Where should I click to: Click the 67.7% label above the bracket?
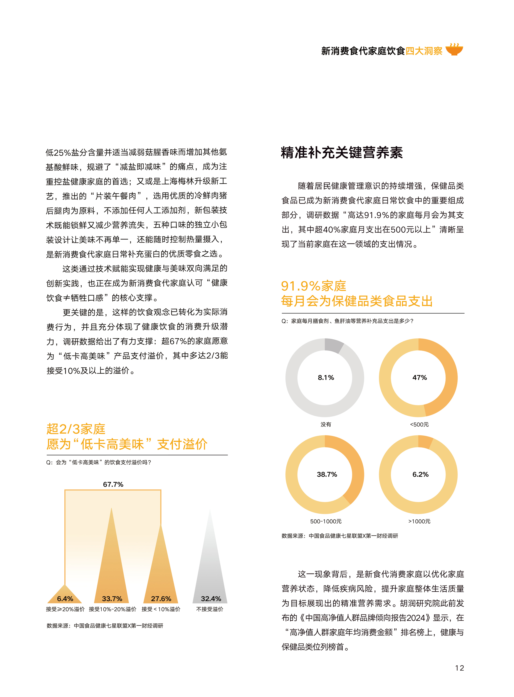click(113, 484)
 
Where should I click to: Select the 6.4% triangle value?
click(65, 599)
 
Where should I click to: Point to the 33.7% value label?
click(112, 599)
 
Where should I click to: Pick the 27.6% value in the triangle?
click(161, 599)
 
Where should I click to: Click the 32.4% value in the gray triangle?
click(211, 599)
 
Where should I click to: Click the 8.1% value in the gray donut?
click(326, 377)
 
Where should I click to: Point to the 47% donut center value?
click(419, 377)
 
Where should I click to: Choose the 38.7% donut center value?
click(327, 474)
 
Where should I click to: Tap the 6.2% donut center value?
click(420, 474)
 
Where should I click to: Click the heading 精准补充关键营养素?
click(342, 153)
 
